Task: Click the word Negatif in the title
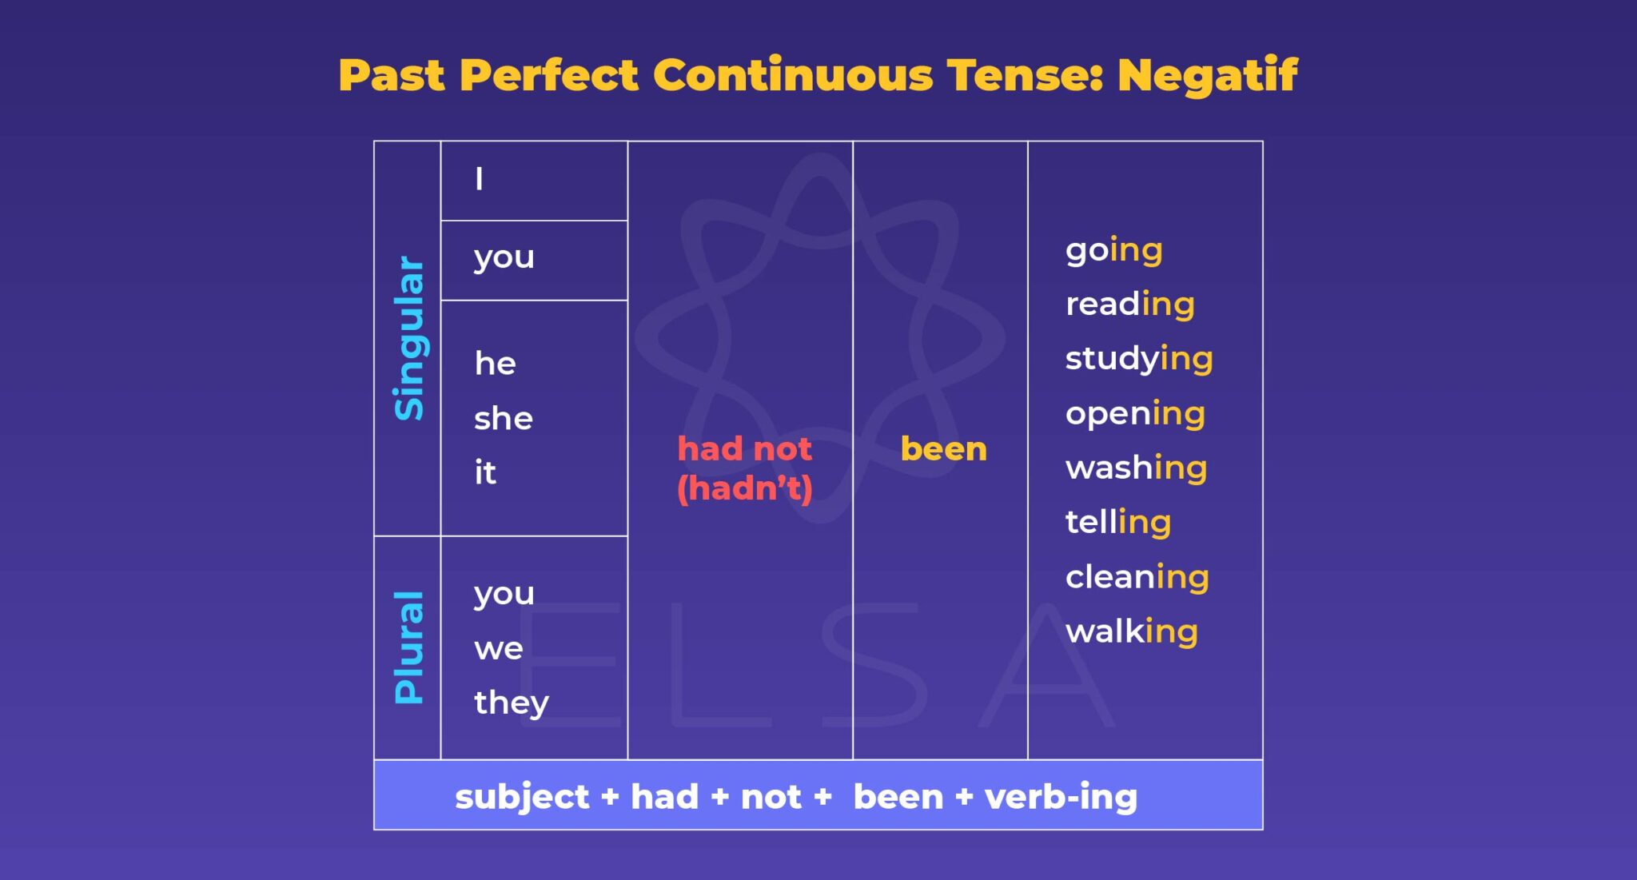coord(1207,76)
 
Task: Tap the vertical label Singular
coord(409,338)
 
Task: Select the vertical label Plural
coord(409,647)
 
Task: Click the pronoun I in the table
coord(479,179)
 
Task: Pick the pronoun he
coord(495,364)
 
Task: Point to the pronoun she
coord(503,418)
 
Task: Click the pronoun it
coord(484,472)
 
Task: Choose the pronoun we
coord(498,648)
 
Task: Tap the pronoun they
coord(511,703)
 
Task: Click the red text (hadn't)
coord(744,488)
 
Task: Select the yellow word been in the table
coord(943,449)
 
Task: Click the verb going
coord(1113,250)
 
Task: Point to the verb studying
coord(1139,359)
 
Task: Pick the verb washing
coord(1136,468)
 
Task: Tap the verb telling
coord(1117,522)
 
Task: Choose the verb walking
coord(1131,631)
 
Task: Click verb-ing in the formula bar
coord(1061,797)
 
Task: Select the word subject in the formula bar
coord(522,797)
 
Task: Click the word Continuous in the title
coord(792,76)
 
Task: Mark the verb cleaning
coord(1137,577)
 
